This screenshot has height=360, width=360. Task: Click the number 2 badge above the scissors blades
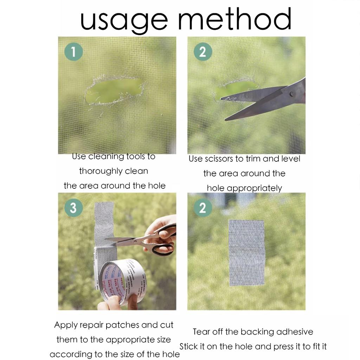(x=203, y=52)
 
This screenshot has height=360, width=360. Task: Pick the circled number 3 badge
(x=73, y=208)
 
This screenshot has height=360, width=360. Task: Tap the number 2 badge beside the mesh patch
(x=202, y=208)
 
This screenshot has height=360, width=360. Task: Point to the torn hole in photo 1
(x=114, y=91)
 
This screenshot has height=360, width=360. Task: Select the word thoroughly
(x=100, y=171)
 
